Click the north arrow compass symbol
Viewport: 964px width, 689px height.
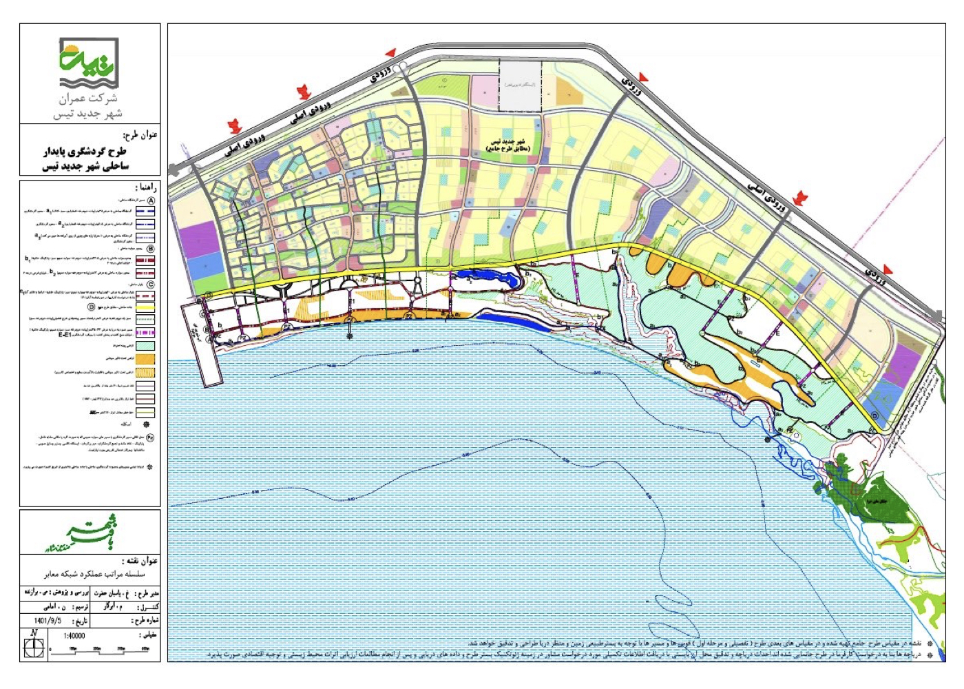(x=33, y=646)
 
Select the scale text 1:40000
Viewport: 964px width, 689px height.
(x=74, y=636)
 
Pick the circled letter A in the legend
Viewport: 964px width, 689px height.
(x=150, y=200)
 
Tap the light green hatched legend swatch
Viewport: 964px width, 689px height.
(x=145, y=345)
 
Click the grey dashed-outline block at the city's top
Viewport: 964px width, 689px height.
(x=519, y=86)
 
